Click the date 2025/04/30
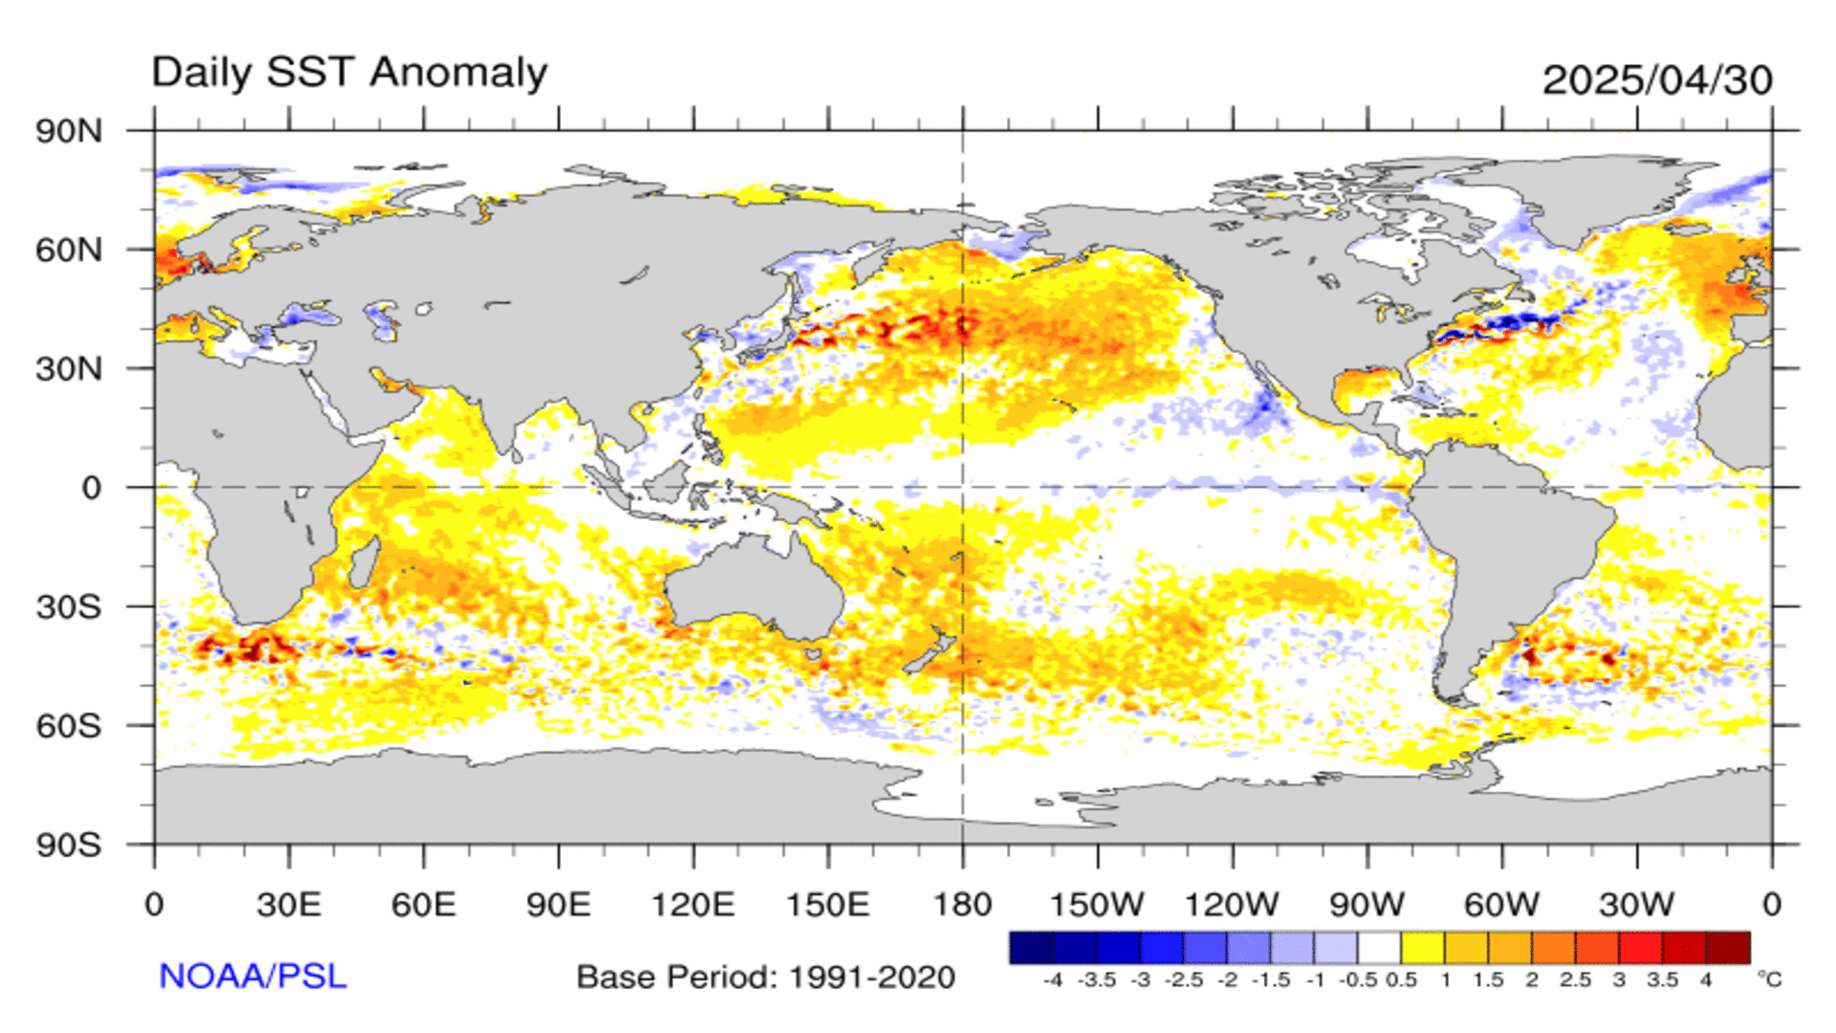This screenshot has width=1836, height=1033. pos(1657,80)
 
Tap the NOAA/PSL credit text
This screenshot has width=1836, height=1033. pos(252,977)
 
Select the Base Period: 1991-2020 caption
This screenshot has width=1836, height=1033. pos(766,978)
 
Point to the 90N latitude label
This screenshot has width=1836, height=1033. pos(69,131)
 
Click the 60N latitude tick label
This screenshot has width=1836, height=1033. pos(69,250)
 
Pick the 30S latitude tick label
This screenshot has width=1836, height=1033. pos(69,606)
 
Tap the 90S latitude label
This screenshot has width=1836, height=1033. pos(69,845)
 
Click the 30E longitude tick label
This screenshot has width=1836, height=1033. pos(289,905)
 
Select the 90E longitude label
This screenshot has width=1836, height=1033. pos(558,905)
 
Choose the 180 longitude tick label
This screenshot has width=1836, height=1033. pos(962,905)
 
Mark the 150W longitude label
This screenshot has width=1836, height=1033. pos(1098,905)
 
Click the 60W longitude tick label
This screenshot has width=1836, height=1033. pos(1502,905)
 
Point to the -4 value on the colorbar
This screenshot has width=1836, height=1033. pos(1052,980)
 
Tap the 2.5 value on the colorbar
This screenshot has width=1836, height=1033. pos(1575,980)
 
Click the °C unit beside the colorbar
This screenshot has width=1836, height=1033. pos(1769,979)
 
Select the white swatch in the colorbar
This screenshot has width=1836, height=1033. pos(1379,948)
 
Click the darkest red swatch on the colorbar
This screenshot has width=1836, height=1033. pos(1728,948)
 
